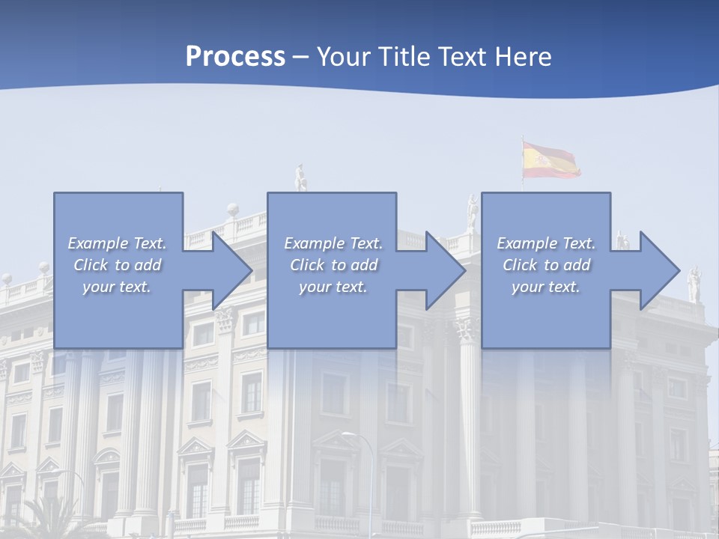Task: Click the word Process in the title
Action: pyautogui.click(x=235, y=56)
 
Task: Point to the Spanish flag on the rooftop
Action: pyautogui.click(x=550, y=160)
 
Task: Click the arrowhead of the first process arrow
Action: pyautogui.click(x=233, y=270)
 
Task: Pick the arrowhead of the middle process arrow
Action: pyautogui.click(x=446, y=270)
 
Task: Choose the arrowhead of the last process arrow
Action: pyautogui.click(x=660, y=270)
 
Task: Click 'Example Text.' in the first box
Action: pyautogui.click(x=117, y=243)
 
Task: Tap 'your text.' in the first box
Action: pyautogui.click(x=117, y=287)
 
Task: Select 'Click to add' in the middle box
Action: pyautogui.click(x=333, y=265)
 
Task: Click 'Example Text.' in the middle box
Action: pyautogui.click(x=333, y=243)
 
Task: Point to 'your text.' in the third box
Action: pyautogui.click(x=546, y=287)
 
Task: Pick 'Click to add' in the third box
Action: pyautogui.click(x=546, y=265)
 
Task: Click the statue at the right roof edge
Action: pyautogui.click(x=694, y=284)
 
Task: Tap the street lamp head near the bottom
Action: pyautogui.click(x=348, y=434)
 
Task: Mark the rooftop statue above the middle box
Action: pyautogui.click(x=300, y=178)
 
